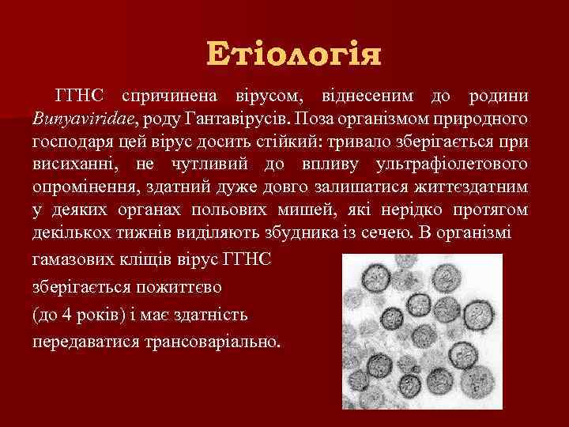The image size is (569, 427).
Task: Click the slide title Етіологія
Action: pyautogui.click(x=294, y=55)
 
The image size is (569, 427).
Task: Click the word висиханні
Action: pyautogui.click(x=73, y=167)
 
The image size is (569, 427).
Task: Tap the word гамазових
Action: pyautogui.click(x=73, y=260)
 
